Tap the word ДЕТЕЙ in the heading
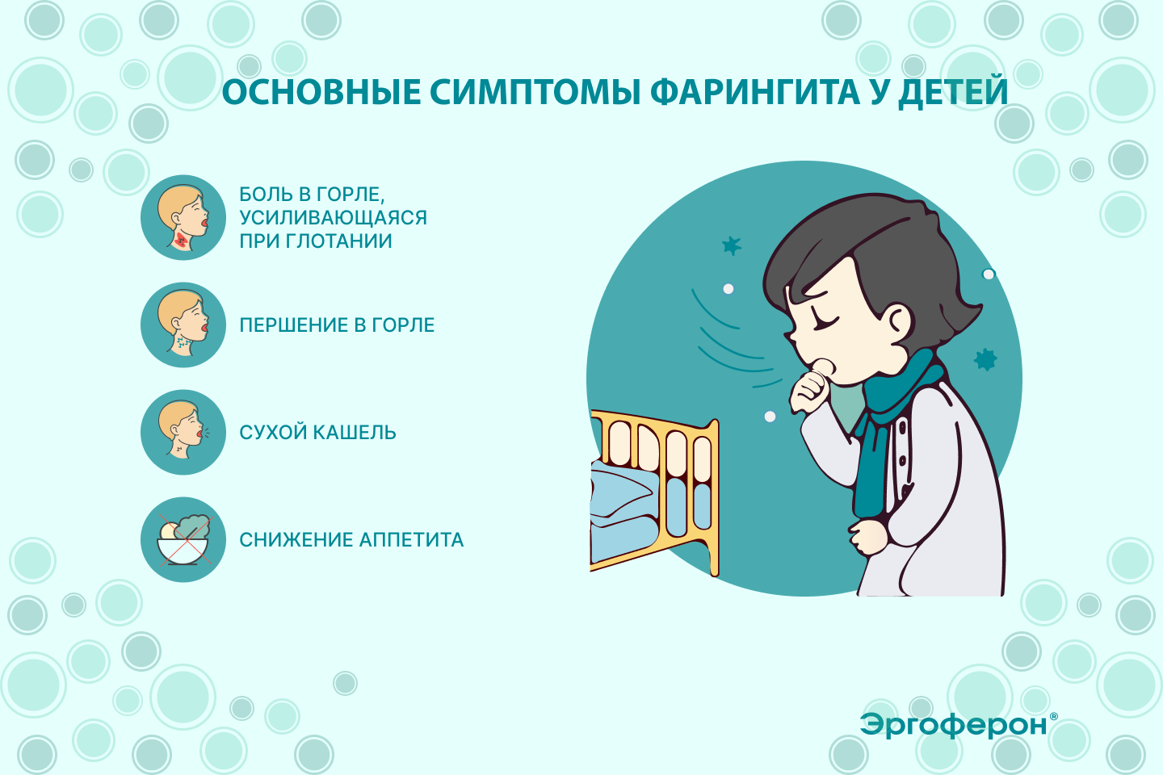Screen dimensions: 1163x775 [x=953, y=93]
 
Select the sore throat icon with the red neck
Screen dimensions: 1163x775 [x=183, y=217]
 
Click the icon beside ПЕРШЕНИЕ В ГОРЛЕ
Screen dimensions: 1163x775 [x=183, y=325]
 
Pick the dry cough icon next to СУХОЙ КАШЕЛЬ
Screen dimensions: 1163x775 [x=183, y=432]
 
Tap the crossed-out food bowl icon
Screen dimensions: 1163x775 [x=183, y=539]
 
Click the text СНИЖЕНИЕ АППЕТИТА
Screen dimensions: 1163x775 [x=351, y=540]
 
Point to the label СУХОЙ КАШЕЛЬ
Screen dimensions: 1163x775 [x=317, y=433]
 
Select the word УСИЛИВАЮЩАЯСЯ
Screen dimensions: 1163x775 [x=333, y=217]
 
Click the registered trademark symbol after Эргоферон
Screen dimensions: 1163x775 [x=1053, y=716]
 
